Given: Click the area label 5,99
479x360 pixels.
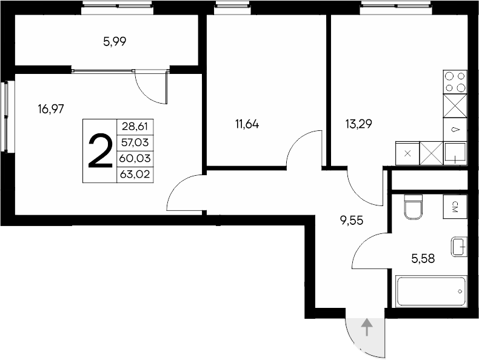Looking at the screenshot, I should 115,42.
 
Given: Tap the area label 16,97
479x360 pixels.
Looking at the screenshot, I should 51,109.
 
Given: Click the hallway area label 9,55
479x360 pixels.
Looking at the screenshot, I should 351,221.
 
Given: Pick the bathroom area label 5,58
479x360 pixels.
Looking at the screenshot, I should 423,259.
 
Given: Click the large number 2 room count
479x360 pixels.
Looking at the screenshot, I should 100,152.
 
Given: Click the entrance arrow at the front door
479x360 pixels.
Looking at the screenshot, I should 366,328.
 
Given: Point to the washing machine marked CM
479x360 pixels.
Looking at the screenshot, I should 455,207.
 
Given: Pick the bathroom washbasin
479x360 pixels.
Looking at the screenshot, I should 458,246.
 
